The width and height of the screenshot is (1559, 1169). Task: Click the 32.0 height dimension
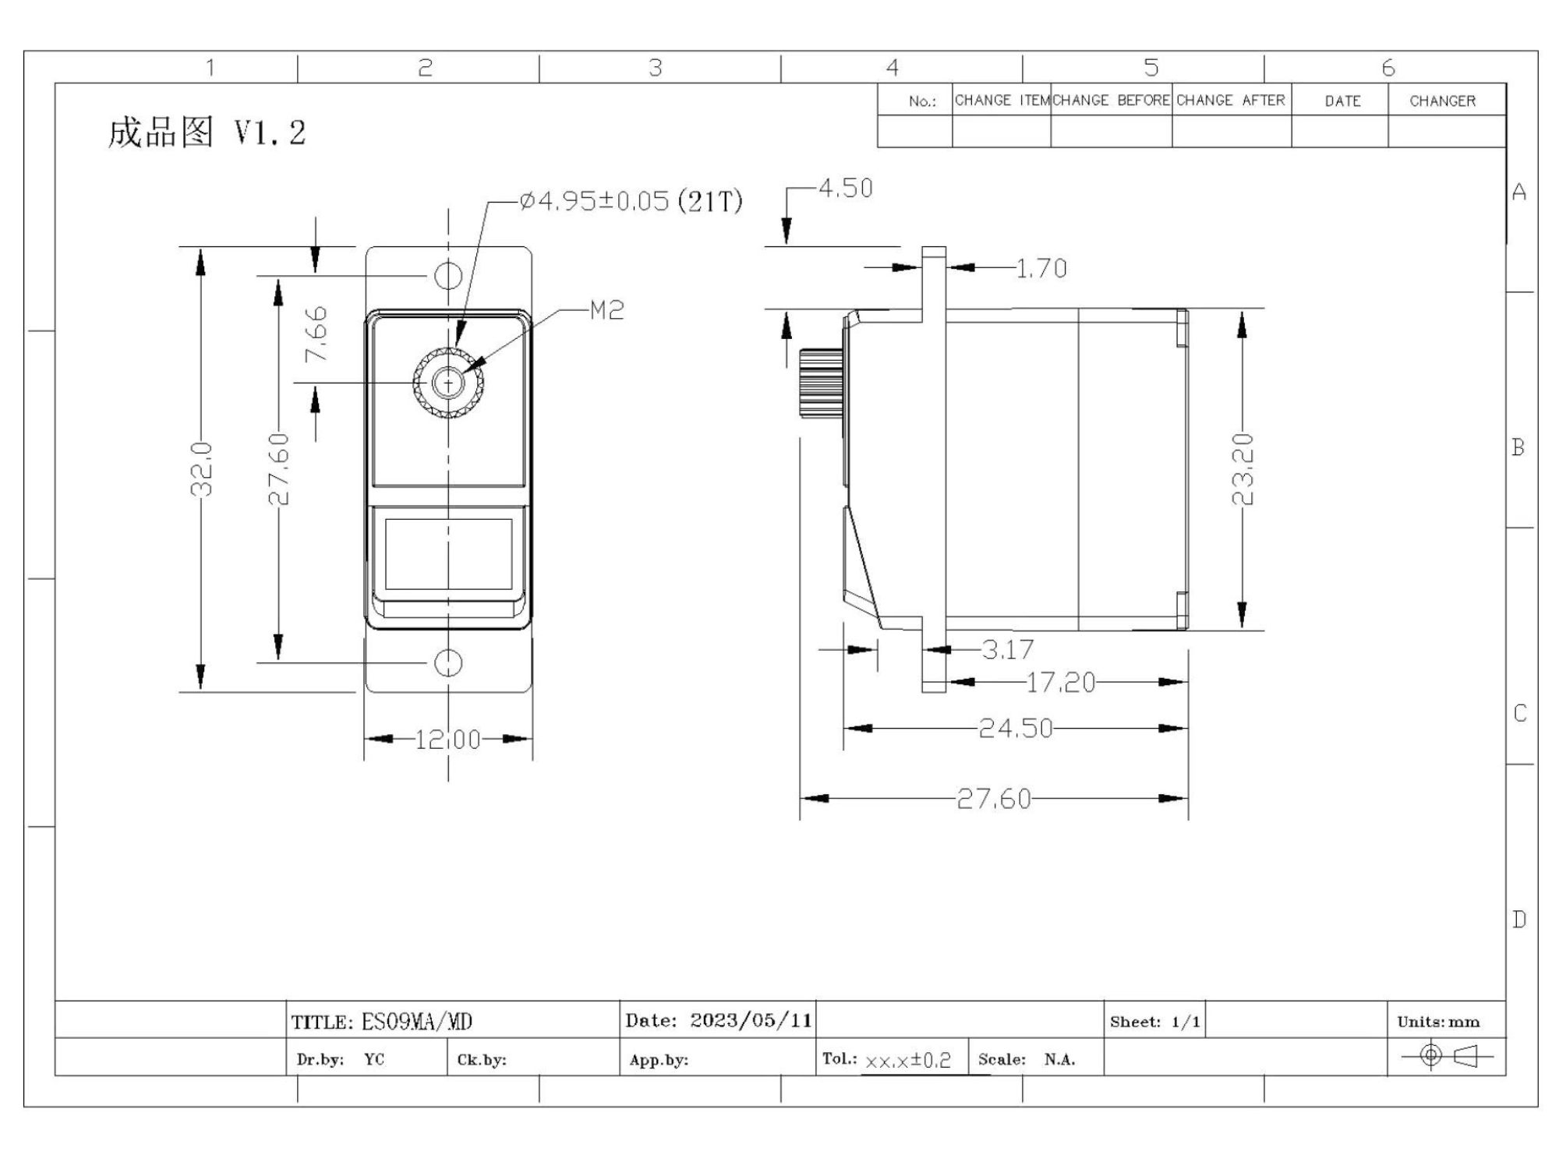click(202, 469)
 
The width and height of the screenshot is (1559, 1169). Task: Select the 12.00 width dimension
click(447, 739)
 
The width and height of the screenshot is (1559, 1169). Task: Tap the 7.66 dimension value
click(316, 334)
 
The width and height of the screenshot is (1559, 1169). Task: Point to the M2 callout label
click(607, 311)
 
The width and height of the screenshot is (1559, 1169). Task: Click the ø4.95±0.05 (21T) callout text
click(631, 201)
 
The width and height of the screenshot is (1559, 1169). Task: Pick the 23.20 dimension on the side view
click(1242, 469)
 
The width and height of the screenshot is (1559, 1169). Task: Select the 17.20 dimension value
click(1061, 683)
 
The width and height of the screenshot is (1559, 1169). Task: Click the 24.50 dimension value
click(1016, 729)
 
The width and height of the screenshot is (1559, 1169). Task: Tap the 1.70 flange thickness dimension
click(1042, 268)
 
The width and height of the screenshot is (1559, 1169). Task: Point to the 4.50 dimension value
click(846, 188)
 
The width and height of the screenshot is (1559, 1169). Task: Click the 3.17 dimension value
click(1008, 649)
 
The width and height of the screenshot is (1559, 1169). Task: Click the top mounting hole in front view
click(448, 275)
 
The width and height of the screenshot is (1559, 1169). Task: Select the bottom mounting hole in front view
click(448, 663)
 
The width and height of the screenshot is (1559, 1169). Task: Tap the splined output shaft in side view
click(821, 383)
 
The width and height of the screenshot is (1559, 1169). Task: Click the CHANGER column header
click(1442, 101)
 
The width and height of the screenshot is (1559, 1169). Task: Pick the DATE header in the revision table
click(1342, 101)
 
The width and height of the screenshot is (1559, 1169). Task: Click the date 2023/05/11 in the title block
click(751, 1020)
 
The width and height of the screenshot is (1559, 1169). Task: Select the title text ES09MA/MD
click(417, 1022)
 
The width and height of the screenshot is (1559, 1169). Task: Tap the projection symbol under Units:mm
click(1447, 1056)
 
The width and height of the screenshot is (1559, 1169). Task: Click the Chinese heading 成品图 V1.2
click(207, 132)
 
